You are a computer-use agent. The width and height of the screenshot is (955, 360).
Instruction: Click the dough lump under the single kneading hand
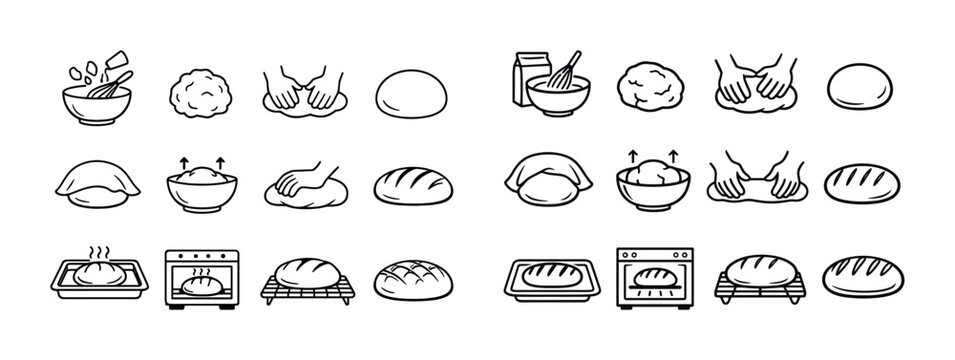(300, 193)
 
